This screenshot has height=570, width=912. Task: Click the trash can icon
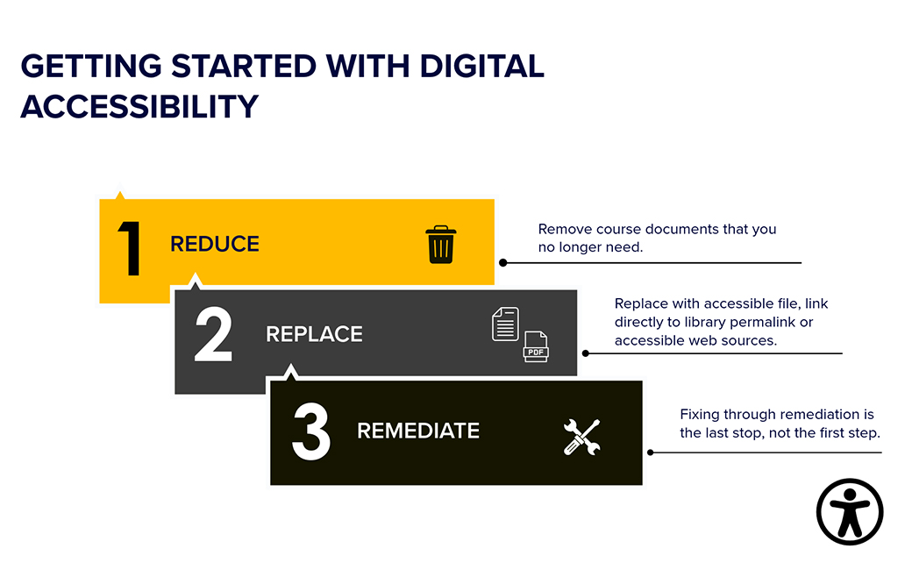(x=440, y=244)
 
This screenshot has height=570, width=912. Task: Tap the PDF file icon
(x=536, y=347)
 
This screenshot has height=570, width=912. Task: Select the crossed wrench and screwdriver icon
(x=581, y=437)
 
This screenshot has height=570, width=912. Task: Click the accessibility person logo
(x=850, y=512)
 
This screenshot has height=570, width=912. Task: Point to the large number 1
(x=130, y=250)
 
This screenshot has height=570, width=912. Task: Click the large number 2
(x=213, y=334)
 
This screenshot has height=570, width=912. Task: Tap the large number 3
(x=310, y=431)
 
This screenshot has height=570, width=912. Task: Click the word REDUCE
(x=215, y=244)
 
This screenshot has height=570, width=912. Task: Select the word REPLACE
(x=314, y=334)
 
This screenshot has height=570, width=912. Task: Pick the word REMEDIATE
(x=418, y=431)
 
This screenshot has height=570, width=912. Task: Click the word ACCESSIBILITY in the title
(x=139, y=106)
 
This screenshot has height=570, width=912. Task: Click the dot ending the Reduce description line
(x=503, y=262)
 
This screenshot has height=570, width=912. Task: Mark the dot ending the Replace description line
(x=586, y=353)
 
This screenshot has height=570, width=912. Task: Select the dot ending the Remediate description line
(x=651, y=452)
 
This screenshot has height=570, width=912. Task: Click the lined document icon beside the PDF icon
(x=505, y=324)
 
